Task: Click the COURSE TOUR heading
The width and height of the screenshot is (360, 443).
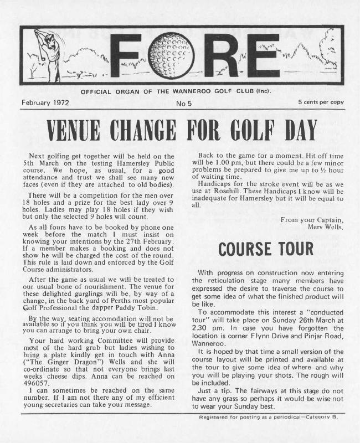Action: pos(265,250)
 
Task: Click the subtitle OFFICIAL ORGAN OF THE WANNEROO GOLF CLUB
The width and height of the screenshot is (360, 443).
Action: pos(176,92)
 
